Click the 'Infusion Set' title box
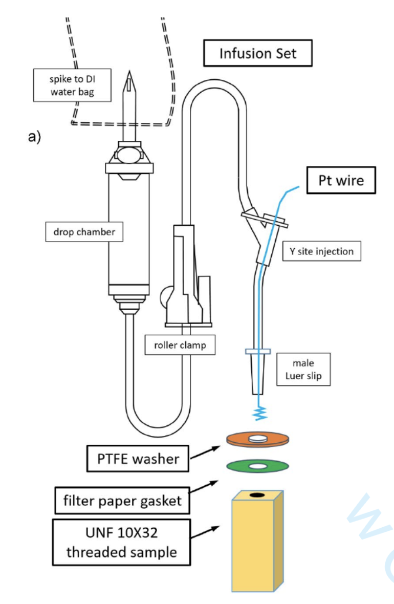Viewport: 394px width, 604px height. click(x=257, y=53)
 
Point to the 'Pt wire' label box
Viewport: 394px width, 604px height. click(x=341, y=180)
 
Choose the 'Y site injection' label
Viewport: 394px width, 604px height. click(x=318, y=251)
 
